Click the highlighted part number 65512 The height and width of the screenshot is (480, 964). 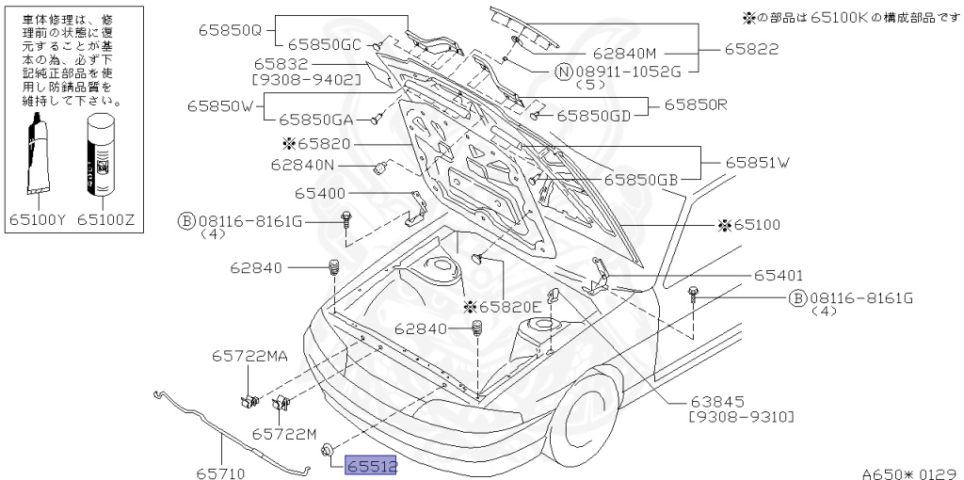coord(371,465)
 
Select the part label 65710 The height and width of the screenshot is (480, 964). coord(221,465)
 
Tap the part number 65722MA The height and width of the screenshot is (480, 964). coord(249,356)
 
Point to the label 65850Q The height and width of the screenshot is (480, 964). coord(229,29)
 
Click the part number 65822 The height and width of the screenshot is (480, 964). coord(751,47)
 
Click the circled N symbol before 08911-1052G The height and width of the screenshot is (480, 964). coord(563,71)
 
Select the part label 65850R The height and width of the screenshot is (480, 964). coord(696,104)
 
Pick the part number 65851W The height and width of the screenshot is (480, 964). coord(757,162)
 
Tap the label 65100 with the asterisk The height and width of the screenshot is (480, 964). coord(748,225)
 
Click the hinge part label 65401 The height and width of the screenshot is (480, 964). coord(778,276)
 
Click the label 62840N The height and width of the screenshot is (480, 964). coord(302,165)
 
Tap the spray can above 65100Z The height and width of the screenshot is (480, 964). coord(101,156)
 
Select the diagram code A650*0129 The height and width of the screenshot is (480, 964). coord(908,473)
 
